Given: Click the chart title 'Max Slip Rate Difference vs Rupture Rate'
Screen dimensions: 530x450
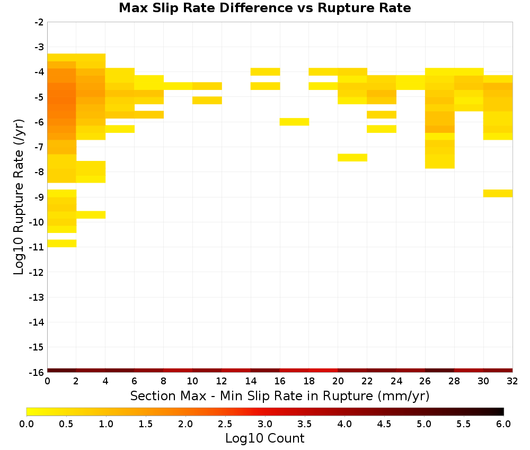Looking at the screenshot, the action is tap(264, 8).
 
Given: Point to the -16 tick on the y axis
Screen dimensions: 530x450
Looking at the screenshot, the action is tap(37, 372).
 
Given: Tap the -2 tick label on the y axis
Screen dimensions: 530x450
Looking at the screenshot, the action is tap(39, 22).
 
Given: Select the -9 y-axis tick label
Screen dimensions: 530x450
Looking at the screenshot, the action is tap(39, 197).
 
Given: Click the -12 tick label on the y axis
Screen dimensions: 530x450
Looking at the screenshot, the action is tap(37, 272).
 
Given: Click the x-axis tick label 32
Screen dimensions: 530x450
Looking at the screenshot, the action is tap(513, 381).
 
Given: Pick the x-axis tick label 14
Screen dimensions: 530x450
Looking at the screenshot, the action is tap(251, 381).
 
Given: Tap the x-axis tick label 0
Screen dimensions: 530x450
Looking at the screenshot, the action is tap(47, 381).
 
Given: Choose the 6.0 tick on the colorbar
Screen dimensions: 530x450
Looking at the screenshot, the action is tap(503, 424).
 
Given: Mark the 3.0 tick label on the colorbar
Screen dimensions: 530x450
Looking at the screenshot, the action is tap(265, 424).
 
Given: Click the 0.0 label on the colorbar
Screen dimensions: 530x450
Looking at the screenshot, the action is tap(26, 424).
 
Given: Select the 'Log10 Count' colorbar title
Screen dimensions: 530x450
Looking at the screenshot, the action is tap(264, 438).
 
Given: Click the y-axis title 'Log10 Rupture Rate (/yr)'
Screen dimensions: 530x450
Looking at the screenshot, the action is tap(19, 197).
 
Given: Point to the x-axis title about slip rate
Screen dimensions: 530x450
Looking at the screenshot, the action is tap(279, 395).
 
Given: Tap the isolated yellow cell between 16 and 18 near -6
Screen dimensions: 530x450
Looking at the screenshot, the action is tap(294, 122).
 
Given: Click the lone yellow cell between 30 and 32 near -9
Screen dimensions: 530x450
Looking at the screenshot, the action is tap(498, 193).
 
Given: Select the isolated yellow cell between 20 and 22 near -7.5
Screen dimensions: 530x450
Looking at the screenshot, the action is tap(352, 158).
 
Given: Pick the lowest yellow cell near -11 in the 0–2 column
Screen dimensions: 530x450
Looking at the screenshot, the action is tap(62, 244).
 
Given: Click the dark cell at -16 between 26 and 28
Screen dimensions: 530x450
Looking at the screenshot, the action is tap(440, 371).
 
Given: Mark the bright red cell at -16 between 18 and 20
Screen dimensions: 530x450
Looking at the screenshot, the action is tap(323, 371).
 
